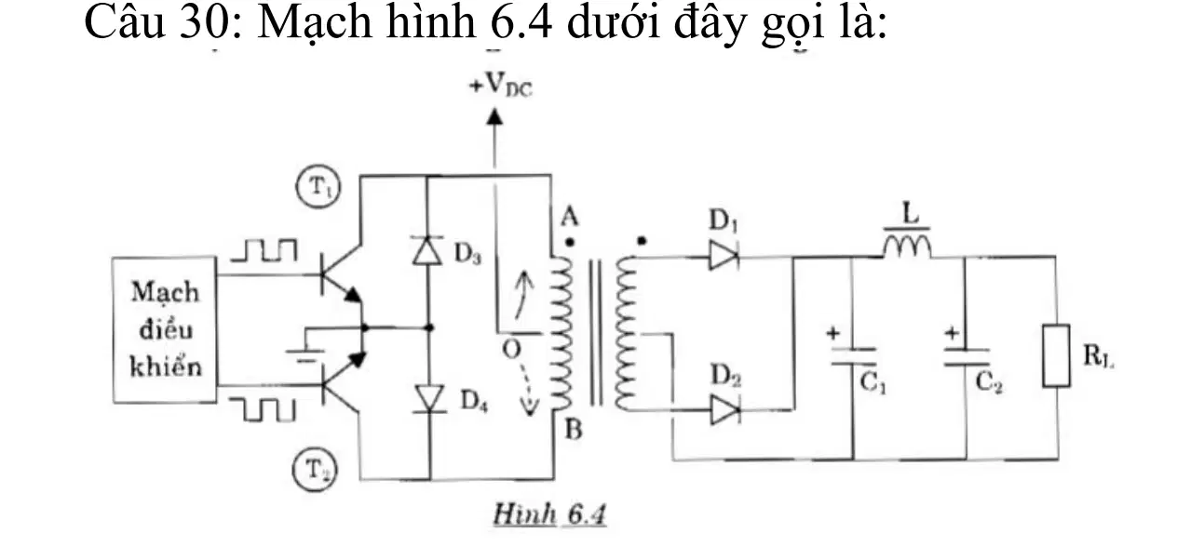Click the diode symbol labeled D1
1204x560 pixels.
[724, 256]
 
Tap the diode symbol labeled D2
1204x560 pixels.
[725, 409]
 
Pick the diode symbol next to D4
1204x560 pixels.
[430, 398]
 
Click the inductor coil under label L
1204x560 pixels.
[907, 247]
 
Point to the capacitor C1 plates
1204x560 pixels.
[853, 356]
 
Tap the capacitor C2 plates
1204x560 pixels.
[967, 357]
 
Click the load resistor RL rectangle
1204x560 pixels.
[1056, 355]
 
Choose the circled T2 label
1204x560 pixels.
[315, 471]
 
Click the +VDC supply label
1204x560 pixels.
[501, 85]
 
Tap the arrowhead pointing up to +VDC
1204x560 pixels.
[494, 116]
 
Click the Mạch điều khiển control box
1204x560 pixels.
[165, 329]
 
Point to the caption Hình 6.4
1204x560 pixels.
[550, 514]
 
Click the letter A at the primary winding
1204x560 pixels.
[569, 217]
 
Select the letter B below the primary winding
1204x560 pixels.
[574, 430]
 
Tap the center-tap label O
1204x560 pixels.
[512, 350]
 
